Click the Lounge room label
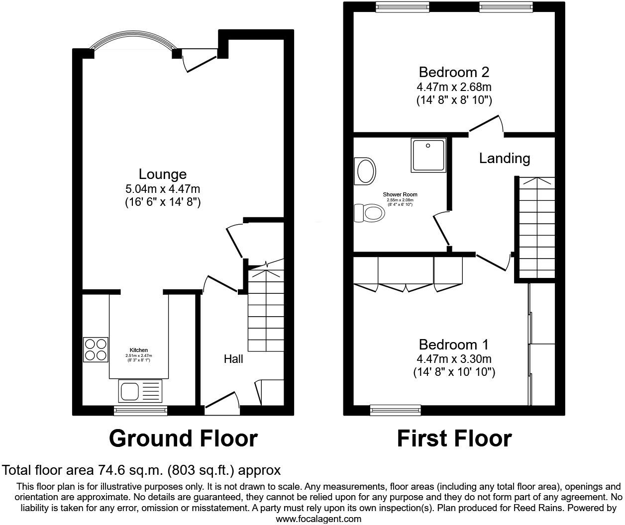click(162, 174)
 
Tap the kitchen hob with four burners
click(96, 350)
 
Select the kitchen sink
click(140, 391)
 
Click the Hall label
click(233, 358)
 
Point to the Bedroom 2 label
click(454, 73)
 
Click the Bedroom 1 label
click(454, 345)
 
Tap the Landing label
click(504, 159)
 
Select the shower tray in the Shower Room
click(428, 156)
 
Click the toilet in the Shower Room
click(369, 214)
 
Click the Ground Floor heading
click(183, 438)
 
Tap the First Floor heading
click(454, 438)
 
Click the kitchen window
click(140, 410)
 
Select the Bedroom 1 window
click(396, 410)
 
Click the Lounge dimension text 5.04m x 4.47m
click(162, 189)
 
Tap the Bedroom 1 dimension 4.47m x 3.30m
click(454, 359)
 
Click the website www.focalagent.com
click(318, 519)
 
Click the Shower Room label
click(400, 194)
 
